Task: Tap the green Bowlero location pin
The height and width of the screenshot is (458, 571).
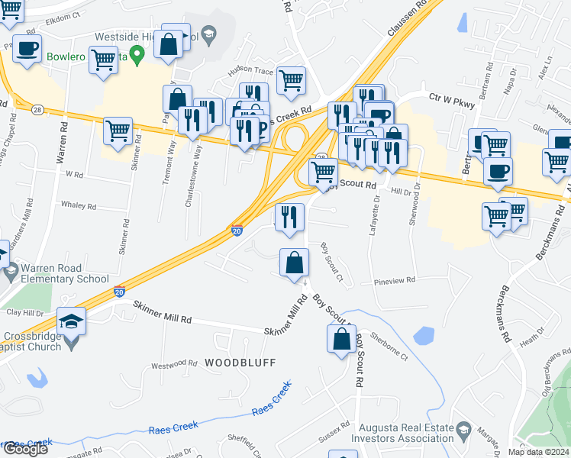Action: click(x=137, y=54)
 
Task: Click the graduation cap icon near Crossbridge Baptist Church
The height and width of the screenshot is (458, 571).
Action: click(x=72, y=321)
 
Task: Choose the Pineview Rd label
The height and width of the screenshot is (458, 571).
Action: click(x=395, y=280)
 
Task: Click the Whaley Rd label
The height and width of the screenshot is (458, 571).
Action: click(x=79, y=206)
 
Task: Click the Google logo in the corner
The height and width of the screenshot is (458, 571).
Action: click(x=25, y=449)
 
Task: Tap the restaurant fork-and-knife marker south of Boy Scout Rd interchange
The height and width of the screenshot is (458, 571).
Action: click(x=290, y=218)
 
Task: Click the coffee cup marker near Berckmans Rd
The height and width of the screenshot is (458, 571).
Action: click(x=498, y=172)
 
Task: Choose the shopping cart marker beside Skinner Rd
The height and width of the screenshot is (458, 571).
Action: click(x=118, y=133)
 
